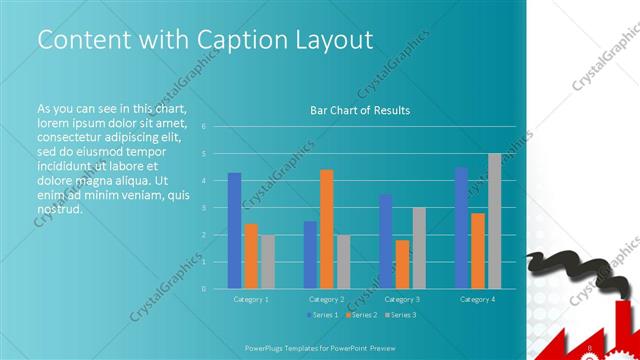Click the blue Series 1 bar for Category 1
pos(234,231)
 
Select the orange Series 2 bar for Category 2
pos(326,229)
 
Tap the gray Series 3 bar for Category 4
pos(494,221)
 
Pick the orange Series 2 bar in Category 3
pos(402,264)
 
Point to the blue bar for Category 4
pos(461,228)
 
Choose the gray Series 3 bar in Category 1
pos(267,262)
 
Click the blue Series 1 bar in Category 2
pos(310,255)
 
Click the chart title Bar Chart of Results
pos(360,111)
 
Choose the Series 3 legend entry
pos(401,315)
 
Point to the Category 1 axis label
pos(250,299)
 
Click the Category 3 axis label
pos(402,299)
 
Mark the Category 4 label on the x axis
pos(477,299)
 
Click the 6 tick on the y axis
pos(203,127)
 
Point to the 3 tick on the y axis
pos(203,208)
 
